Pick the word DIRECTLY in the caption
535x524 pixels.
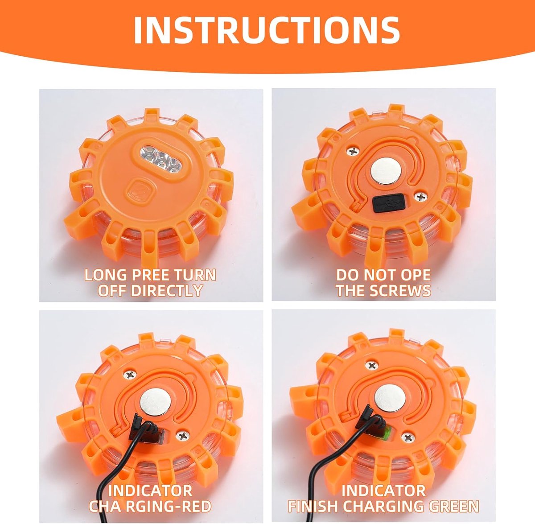coord(165,290)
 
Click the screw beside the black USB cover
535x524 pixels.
coord(421,197)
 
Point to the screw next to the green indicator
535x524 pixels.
coord(409,438)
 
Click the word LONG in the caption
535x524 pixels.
coord(106,275)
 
